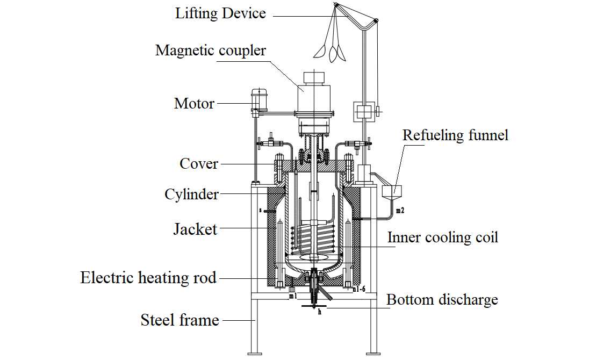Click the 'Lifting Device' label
pyautogui.click(x=220, y=13)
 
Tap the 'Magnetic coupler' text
pyautogui.click(x=211, y=51)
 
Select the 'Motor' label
pyautogui.click(x=194, y=103)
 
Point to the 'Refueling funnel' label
pyautogui.click(x=455, y=134)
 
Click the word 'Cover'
pyautogui.click(x=199, y=163)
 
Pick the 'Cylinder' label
pyautogui.click(x=191, y=194)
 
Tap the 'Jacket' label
pyautogui.click(x=195, y=229)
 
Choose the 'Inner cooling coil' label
pyautogui.click(x=442, y=237)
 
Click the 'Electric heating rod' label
pyautogui.click(x=148, y=278)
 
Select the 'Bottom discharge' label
pyautogui.click(x=442, y=299)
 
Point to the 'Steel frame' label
pyautogui.click(x=179, y=320)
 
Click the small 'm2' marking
pyautogui.click(x=400, y=211)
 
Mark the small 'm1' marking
pyautogui.click(x=292, y=296)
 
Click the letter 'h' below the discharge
pyautogui.click(x=319, y=312)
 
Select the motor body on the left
pyautogui.click(x=258, y=100)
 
